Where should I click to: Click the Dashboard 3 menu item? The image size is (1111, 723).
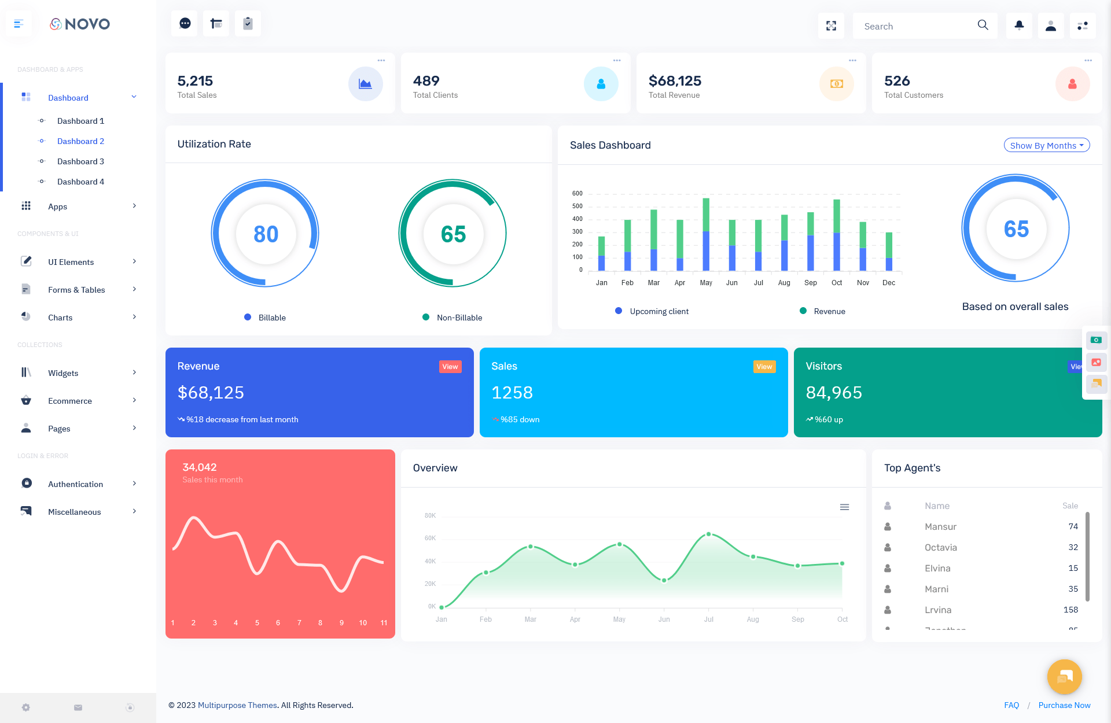[80, 161]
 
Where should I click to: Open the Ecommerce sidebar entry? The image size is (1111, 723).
[70, 401]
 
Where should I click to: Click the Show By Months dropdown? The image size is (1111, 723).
[1046, 146]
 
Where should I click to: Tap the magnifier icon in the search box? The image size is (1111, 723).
[983, 25]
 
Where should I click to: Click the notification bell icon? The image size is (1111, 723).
[1019, 25]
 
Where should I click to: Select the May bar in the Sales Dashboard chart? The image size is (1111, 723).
[706, 234]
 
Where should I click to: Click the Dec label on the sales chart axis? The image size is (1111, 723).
[889, 283]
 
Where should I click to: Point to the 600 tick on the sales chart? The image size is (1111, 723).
[577, 194]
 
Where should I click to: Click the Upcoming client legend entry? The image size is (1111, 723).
[658, 311]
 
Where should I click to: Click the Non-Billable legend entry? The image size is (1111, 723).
[459, 318]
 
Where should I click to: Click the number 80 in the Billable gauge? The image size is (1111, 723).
[266, 234]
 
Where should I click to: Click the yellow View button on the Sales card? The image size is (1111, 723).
[764, 367]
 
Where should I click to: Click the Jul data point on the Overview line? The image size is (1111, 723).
[709, 534]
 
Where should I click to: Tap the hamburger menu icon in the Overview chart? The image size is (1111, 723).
[844, 507]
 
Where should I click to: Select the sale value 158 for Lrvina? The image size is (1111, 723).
[1070, 610]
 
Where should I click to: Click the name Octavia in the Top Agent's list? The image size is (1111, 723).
[940, 547]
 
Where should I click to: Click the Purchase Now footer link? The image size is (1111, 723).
[1064, 705]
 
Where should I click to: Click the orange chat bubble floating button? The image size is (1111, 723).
[1064, 677]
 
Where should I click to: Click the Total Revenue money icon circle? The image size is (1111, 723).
[836, 84]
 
